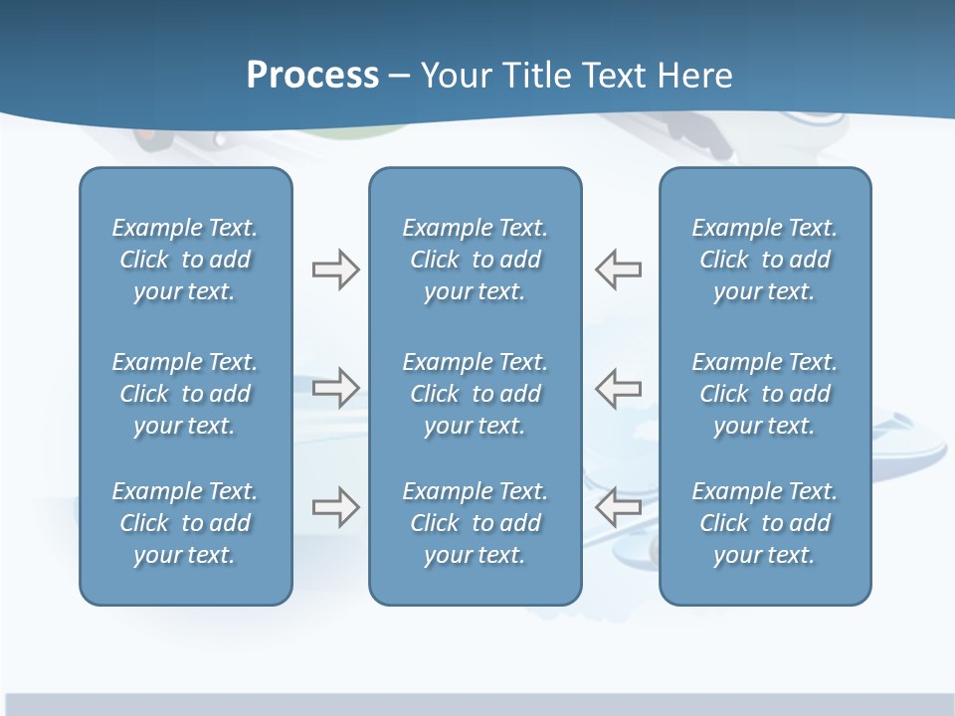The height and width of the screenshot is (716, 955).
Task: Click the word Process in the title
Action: (x=312, y=76)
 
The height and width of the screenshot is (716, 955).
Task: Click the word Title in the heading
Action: (x=534, y=76)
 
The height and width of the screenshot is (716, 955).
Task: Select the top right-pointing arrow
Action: (x=335, y=269)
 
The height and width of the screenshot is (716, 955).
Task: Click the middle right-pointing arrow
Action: (x=335, y=388)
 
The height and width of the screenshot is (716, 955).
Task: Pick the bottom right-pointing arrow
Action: (x=335, y=507)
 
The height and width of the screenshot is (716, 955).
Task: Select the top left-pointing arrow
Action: (x=619, y=269)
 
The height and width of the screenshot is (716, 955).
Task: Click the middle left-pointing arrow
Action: (x=619, y=388)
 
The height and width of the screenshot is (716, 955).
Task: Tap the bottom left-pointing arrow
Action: (x=619, y=507)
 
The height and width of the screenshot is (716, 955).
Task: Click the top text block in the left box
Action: (x=185, y=260)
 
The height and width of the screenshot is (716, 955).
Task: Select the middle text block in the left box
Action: (x=185, y=394)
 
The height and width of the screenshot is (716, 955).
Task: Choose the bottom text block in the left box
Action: (x=185, y=523)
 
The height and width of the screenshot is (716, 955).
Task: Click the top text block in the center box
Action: (x=475, y=260)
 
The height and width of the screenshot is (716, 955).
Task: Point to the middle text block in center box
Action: (x=475, y=394)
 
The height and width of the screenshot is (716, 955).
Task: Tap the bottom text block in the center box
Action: (x=475, y=523)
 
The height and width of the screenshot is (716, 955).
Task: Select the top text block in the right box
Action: (x=764, y=260)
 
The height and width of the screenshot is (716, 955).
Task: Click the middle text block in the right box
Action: (x=764, y=394)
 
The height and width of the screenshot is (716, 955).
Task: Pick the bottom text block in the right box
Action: (x=764, y=523)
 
